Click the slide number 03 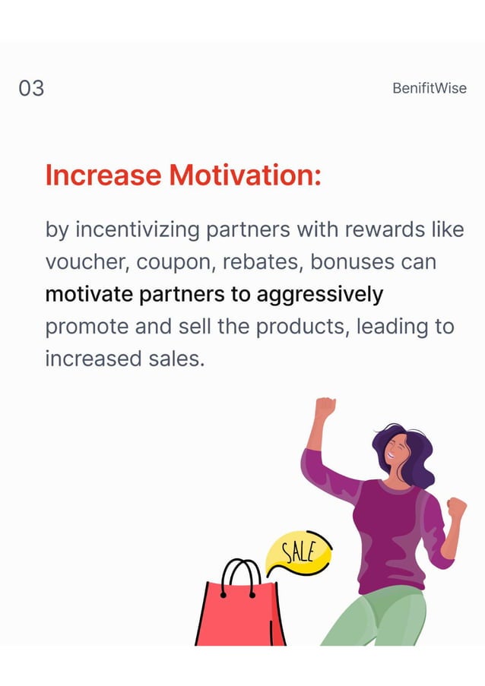pyautogui.click(x=31, y=88)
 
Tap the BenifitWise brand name pyautogui.click(x=429, y=88)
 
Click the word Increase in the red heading pyautogui.click(x=103, y=175)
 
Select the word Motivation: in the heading pyautogui.click(x=245, y=175)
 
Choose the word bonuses pyautogui.click(x=352, y=262)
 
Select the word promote pyautogui.click(x=85, y=327)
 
